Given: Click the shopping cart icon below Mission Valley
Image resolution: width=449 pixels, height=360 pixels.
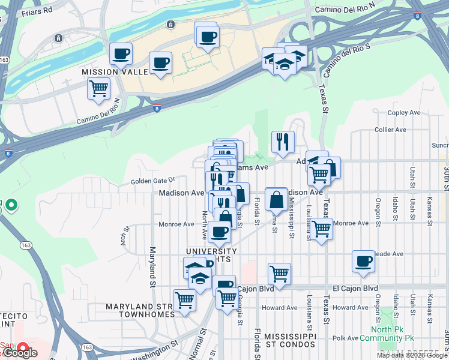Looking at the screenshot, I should click(98, 89).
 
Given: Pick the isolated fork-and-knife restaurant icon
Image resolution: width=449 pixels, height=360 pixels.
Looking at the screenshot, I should click(283, 142).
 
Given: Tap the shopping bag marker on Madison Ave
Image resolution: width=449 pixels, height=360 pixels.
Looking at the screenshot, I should click(276, 198).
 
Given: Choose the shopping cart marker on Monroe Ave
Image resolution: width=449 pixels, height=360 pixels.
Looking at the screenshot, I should click(322, 229).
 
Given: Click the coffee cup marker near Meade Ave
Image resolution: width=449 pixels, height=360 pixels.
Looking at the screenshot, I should click(363, 261).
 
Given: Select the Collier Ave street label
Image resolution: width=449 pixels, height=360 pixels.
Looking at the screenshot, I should click(390, 130).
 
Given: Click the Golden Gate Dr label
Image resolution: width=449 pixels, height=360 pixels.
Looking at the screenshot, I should click(152, 180).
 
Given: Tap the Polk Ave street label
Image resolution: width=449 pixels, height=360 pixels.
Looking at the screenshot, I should click(346, 338).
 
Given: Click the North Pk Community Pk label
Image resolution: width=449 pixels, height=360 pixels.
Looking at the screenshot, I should click(390, 334).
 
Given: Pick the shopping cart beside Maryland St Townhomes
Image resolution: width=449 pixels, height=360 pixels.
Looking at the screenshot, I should click(184, 299).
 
